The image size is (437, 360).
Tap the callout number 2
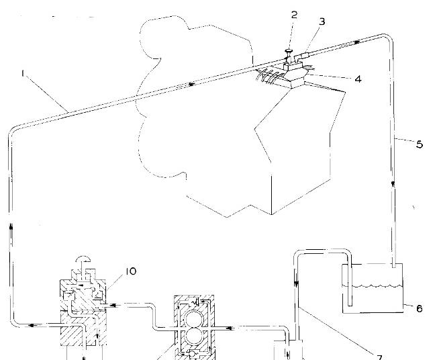coord(294,14)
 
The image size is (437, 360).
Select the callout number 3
coord(322,21)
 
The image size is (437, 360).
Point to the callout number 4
coord(358,79)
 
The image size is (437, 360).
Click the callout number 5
coord(420,143)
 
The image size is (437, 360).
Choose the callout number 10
coord(130,271)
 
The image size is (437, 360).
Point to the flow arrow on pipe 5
coord(392,182)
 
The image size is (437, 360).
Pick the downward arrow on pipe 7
coord(296,286)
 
